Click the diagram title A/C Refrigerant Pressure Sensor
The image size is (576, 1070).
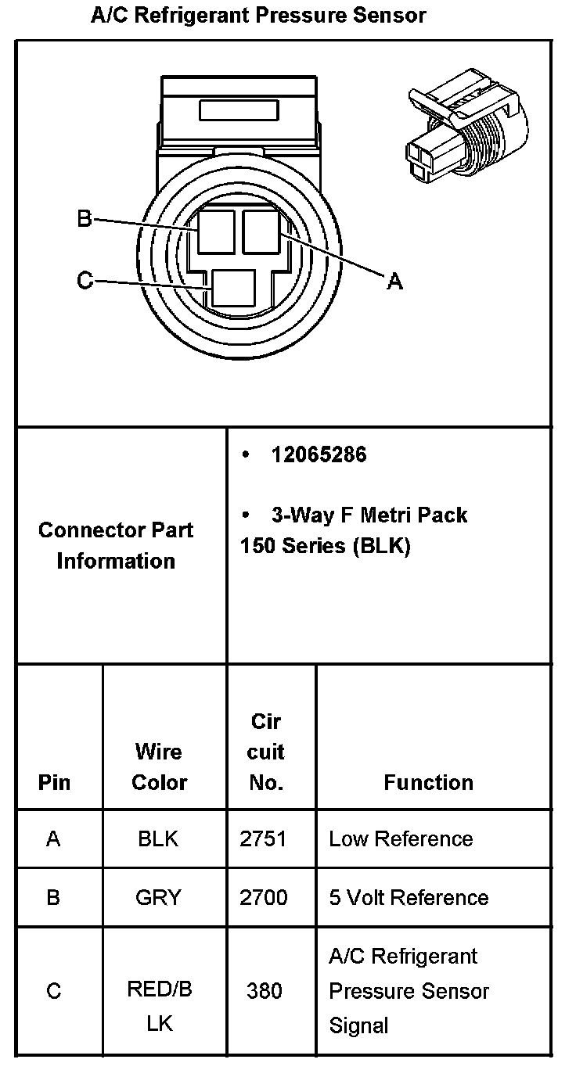tap(258, 15)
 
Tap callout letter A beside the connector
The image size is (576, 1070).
tap(395, 281)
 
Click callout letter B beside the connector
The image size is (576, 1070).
tap(85, 218)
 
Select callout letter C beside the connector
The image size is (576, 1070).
tap(85, 280)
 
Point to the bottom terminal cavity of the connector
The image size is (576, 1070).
tap(235, 288)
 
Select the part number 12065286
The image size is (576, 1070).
tap(319, 454)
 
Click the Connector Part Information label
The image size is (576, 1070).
tap(116, 545)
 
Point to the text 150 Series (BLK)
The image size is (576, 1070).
tap(325, 545)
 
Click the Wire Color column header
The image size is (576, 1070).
tap(159, 767)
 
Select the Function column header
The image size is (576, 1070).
tap(428, 782)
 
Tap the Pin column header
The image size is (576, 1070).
tap(54, 782)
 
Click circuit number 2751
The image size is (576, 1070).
tap(264, 839)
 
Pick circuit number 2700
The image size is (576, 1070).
tap(264, 897)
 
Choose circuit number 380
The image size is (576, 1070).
tap(264, 991)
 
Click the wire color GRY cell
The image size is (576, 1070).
tap(158, 897)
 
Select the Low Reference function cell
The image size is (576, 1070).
tap(401, 839)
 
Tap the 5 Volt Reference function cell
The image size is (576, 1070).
tap(409, 897)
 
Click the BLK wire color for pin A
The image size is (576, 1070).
tap(158, 839)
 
